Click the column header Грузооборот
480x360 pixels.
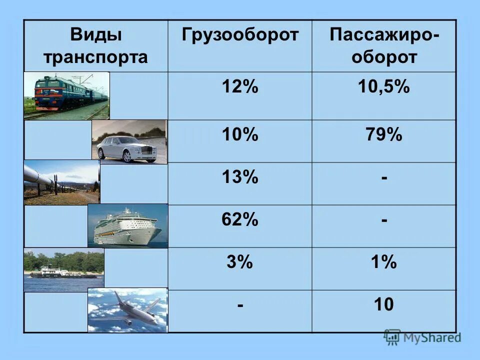click(240, 35)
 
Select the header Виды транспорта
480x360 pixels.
click(95, 46)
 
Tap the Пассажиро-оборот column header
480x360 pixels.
click(384, 46)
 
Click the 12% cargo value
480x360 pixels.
click(240, 87)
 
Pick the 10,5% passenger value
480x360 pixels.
click(384, 87)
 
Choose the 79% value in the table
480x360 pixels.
click(384, 135)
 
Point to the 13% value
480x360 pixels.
click(240, 177)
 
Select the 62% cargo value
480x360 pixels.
click(240, 220)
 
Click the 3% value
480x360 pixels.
click(240, 262)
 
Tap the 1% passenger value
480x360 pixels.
click(384, 262)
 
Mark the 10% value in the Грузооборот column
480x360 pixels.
click(240, 135)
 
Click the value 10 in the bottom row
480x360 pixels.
click(384, 304)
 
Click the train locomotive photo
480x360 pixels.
click(66, 95)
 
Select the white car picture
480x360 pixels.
click(129, 142)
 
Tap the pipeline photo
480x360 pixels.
click(61, 182)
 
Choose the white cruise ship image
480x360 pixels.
click(127, 226)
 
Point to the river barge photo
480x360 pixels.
click(63, 270)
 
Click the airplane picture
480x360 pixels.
click(127, 310)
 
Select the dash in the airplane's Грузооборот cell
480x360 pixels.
click(240, 304)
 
